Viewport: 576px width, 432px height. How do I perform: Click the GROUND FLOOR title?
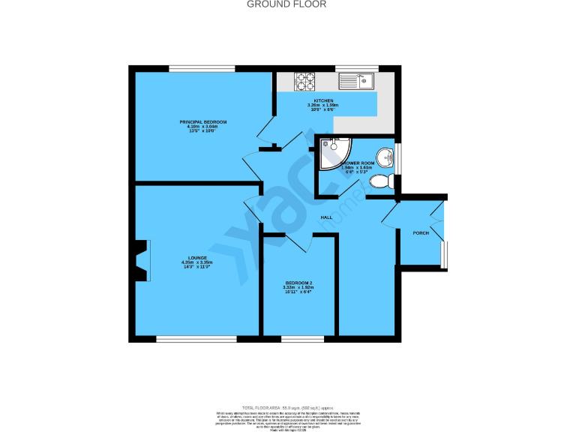tap(287, 4)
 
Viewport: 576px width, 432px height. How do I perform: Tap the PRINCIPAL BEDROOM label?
tap(202, 121)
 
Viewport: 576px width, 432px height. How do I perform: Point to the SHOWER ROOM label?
tap(358, 163)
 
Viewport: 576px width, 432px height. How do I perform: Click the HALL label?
tap(327, 217)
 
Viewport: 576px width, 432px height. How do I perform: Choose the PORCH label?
tap(421, 233)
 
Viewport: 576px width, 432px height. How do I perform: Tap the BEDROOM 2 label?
tap(298, 282)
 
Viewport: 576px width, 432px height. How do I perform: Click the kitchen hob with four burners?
tap(306, 81)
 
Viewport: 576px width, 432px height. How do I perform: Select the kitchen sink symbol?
tap(356, 79)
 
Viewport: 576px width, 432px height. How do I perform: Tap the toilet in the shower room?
tap(382, 181)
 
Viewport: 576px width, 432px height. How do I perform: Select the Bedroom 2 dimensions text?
tap(298, 289)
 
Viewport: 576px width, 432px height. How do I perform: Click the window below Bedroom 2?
tap(303, 338)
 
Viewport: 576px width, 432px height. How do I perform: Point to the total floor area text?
tap(287, 404)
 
